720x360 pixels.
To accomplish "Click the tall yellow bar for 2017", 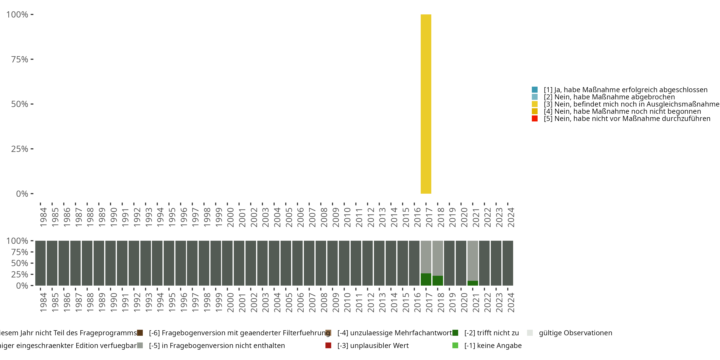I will click(x=426, y=104).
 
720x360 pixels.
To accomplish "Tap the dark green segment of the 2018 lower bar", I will click(x=438, y=280).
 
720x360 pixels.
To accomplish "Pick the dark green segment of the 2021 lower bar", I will click(x=472, y=283).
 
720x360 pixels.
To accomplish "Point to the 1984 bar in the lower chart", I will click(x=41, y=263).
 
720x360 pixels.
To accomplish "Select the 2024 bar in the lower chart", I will click(x=508, y=263).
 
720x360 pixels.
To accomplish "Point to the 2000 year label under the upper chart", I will click(x=230, y=217).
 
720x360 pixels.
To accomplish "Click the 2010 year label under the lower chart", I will click(x=347, y=302).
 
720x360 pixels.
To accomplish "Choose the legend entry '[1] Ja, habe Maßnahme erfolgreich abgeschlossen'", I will click(x=625, y=90).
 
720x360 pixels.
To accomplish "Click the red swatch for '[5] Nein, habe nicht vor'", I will click(x=534, y=119).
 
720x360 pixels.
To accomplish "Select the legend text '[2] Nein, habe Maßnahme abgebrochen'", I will click(x=609, y=97).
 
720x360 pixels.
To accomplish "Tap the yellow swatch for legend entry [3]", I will click(x=534, y=104).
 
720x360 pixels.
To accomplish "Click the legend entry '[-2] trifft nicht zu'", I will click(x=491, y=333).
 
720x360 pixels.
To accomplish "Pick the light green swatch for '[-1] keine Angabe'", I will click(x=455, y=345).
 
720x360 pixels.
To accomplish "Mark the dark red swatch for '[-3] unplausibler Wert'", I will click(x=328, y=345).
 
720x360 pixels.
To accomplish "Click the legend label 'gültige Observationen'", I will click(x=575, y=333).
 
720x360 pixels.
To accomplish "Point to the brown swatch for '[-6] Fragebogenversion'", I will click(x=140, y=333).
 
